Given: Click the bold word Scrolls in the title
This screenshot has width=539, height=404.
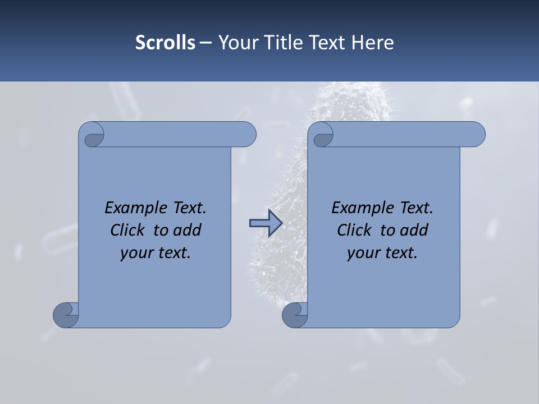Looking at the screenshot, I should (166, 43).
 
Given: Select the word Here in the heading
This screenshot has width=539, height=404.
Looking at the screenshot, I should (373, 43).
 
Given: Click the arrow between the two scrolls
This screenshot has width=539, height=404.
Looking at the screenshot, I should (266, 223).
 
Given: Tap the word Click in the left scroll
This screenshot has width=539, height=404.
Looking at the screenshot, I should (128, 230).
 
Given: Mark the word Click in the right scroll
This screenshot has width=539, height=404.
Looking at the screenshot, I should (354, 230).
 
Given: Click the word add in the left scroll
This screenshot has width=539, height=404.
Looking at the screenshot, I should (188, 230).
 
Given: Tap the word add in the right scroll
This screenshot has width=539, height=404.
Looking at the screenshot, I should (414, 230).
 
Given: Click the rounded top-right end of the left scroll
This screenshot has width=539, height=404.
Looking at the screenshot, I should (246, 135).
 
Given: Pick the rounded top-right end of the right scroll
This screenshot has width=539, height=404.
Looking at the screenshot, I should (476, 135).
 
